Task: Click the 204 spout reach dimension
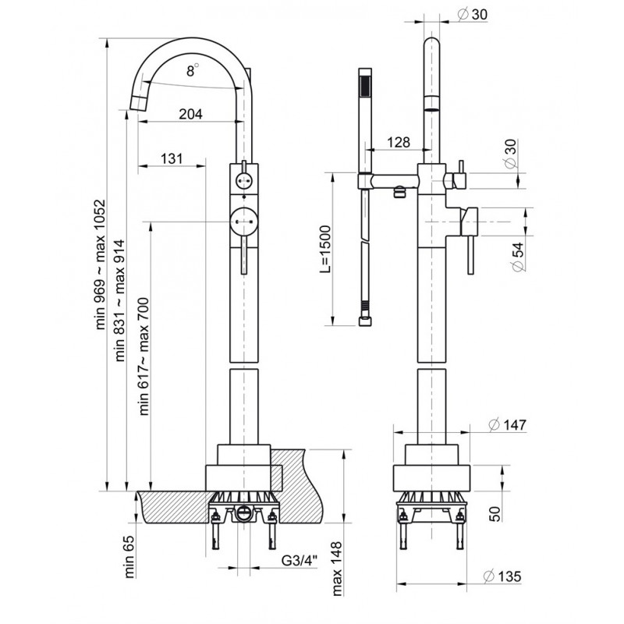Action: (x=190, y=114)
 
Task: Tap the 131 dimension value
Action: (x=172, y=158)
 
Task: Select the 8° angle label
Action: (x=193, y=70)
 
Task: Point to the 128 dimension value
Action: (x=399, y=142)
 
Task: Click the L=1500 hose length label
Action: (x=325, y=249)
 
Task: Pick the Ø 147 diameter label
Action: (x=507, y=424)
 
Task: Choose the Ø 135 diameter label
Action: (x=502, y=576)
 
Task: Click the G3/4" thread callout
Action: (x=300, y=560)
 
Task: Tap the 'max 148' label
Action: (x=337, y=568)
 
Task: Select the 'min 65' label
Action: (x=130, y=556)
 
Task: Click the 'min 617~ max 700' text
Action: (x=144, y=356)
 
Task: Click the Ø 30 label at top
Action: (x=473, y=14)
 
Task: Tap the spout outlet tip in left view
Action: (x=138, y=103)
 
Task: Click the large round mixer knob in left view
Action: (x=244, y=221)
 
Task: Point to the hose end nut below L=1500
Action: (x=365, y=321)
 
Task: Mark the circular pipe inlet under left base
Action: (x=243, y=513)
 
